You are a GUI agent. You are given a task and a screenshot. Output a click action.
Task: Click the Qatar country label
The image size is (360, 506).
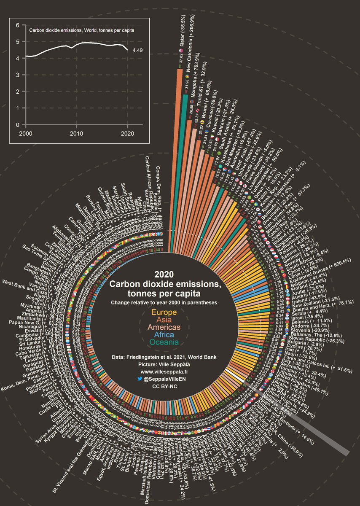(183, 32)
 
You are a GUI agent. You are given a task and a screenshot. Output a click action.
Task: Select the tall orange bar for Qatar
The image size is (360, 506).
(179, 148)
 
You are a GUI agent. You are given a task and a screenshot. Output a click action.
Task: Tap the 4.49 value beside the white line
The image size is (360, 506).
(138, 51)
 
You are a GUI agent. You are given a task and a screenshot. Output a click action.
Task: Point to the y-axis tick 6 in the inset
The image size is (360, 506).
(17, 25)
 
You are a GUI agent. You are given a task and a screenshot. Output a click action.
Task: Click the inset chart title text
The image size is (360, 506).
(82, 31)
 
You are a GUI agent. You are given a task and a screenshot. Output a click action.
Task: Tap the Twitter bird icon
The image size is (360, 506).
(140, 379)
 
